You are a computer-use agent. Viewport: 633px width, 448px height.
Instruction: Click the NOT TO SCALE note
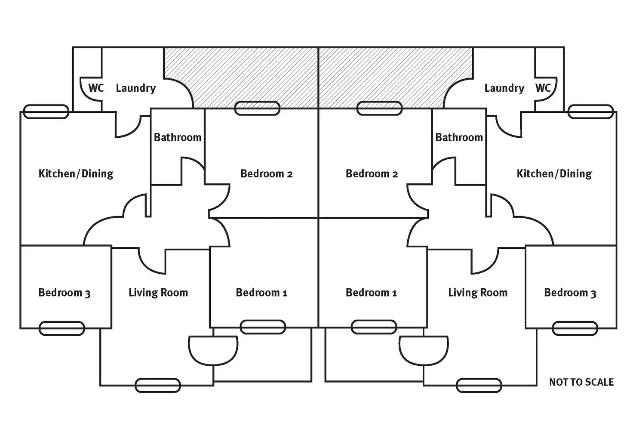pyautogui.click(x=581, y=382)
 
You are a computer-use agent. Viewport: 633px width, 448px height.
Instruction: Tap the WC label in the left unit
pyautogui.click(x=96, y=88)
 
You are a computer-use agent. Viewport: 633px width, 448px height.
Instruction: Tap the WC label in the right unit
pyautogui.click(x=543, y=88)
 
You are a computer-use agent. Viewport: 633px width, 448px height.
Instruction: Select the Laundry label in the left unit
pyautogui.click(x=136, y=88)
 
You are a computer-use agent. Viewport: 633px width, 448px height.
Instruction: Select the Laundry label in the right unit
pyautogui.click(x=504, y=88)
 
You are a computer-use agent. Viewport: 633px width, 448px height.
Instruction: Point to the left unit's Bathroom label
pyautogui.click(x=178, y=137)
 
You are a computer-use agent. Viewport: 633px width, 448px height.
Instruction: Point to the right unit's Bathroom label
pyautogui.click(x=459, y=137)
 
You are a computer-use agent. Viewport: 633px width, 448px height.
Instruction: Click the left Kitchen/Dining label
pyautogui.click(x=76, y=173)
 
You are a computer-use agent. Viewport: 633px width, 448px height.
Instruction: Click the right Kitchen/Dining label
pyautogui.click(x=554, y=173)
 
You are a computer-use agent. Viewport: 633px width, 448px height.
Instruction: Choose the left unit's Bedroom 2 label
pyautogui.click(x=266, y=173)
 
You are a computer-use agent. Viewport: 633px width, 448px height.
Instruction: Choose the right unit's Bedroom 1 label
pyautogui.click(x=371, y=293)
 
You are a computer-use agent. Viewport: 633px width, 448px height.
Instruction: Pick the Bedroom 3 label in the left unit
pyautogui.click(x=65, y=293)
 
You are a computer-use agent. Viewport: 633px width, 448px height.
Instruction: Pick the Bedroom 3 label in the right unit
pyautogui.click(x=570, y=293)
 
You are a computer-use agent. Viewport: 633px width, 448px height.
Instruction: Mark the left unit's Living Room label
pyautogui.click(x=158, y=293)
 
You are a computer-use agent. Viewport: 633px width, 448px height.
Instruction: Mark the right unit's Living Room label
pyautogui.click(x=478, y=293)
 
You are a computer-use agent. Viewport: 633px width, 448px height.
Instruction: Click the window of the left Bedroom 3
pyautogui.click(x=61, y=328)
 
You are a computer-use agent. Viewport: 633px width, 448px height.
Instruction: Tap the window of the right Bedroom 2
pyautogui.click(x=380, y=108)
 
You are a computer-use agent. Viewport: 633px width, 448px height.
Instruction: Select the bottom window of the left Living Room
pyautogui.click(x=158, y=386)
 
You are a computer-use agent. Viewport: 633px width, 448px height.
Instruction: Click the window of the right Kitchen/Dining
pyautogui.click(x=590, y=112)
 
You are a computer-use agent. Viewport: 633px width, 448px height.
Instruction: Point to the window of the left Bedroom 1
pyautogui.click(x=262, y=327)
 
